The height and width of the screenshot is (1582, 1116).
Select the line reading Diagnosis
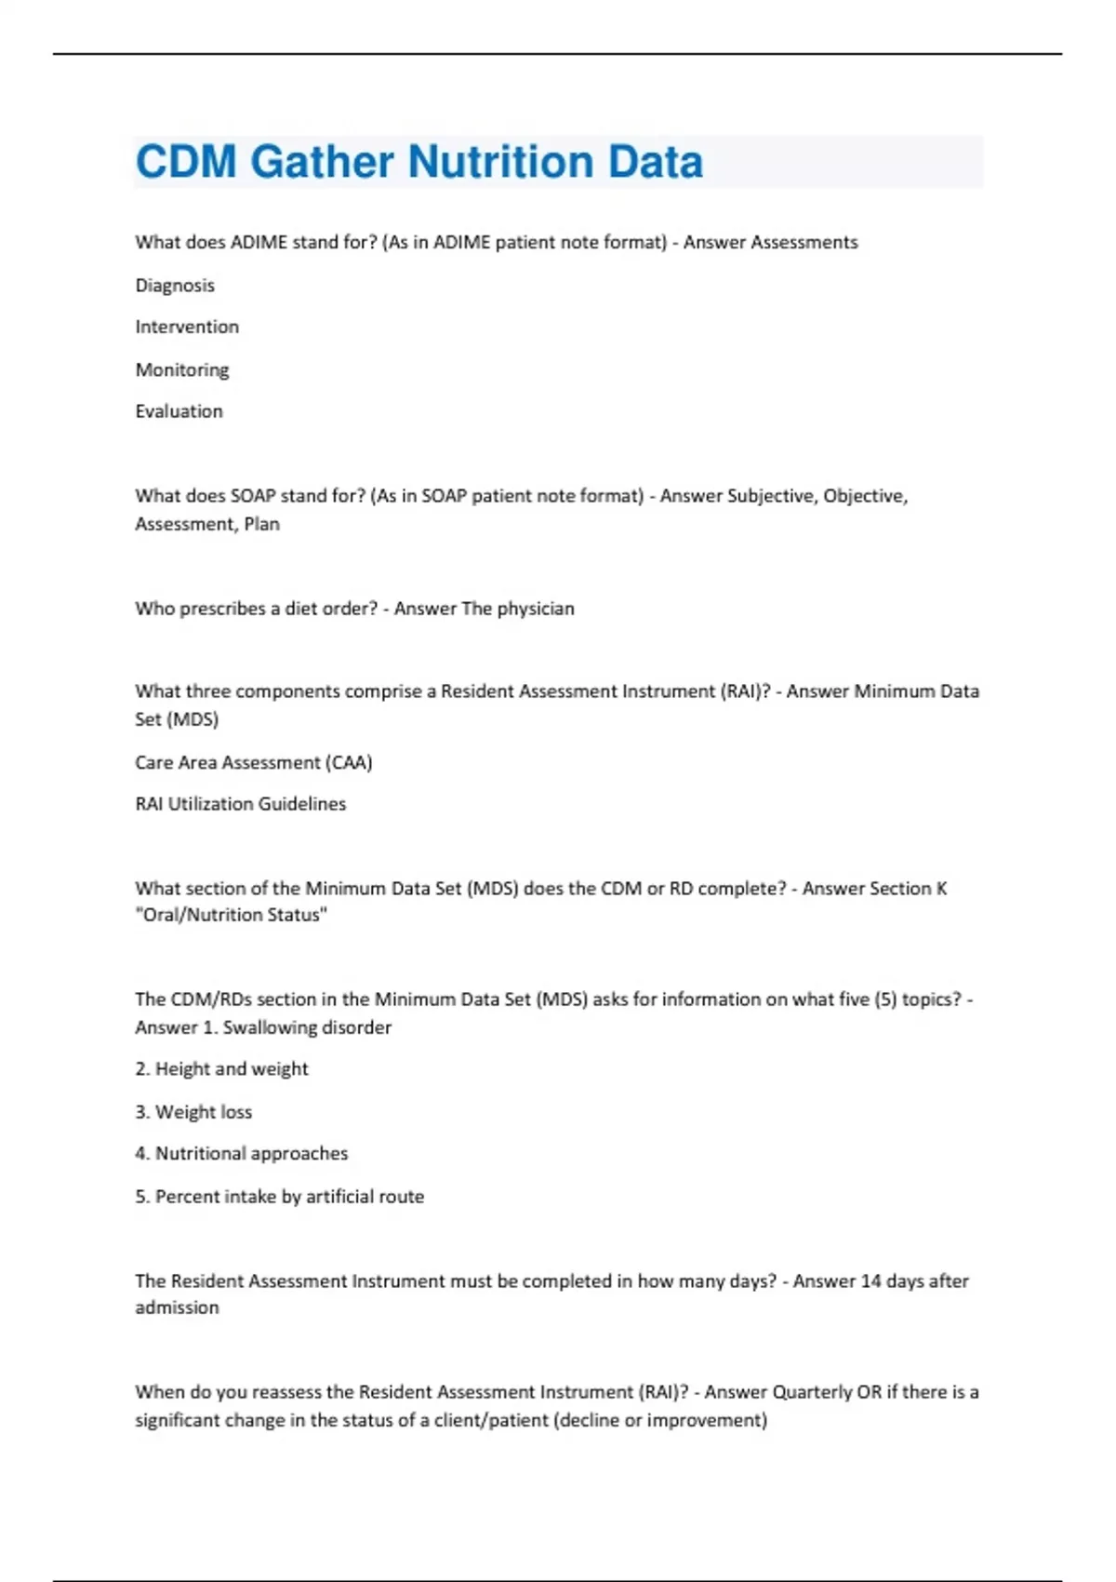(175, 286)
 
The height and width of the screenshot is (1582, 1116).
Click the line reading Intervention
(187, 327)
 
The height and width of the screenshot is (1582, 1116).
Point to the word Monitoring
(182, 369)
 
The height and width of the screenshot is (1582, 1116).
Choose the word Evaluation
(179, 411)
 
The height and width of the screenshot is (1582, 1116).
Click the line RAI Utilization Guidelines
(241, 804)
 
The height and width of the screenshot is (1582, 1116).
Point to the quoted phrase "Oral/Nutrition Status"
(232, 915)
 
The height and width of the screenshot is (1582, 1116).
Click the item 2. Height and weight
(221, 1069)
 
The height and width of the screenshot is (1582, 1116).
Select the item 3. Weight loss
(193, 1112)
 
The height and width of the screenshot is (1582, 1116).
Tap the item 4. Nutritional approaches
(242, 1154)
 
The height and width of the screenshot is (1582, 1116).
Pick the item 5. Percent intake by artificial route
(280, 1197)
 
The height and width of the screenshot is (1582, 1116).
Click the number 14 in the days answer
(870, 1281)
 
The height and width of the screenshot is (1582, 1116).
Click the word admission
(178, 1307)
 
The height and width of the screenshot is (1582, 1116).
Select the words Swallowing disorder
(307, 1027)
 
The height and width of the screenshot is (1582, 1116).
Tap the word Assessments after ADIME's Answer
(804, 243)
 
